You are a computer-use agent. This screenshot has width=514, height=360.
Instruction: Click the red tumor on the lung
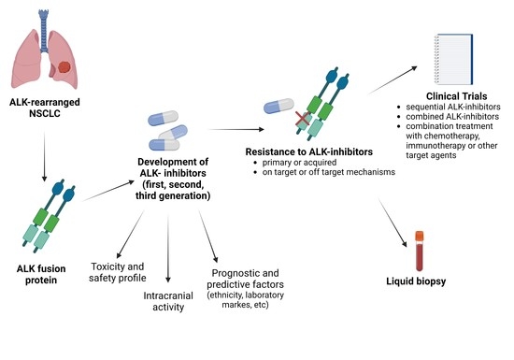point(64,68)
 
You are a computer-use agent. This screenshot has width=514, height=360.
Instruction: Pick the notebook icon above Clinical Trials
point(455,58)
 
